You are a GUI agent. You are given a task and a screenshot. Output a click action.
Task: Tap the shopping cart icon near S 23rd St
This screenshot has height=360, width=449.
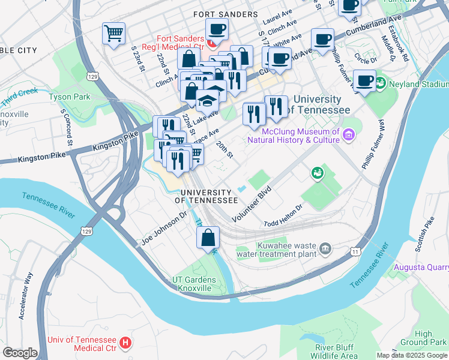pyautogui.click(x=113, y=34)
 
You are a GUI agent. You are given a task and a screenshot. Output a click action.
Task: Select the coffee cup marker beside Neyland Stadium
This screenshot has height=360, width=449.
pyautogui.click(x=364, y=81)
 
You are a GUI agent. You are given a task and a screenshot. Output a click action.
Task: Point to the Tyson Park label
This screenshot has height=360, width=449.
pyautogui.click(x=69, y=97)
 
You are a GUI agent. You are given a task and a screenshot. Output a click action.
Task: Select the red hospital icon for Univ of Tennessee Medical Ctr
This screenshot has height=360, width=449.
pyautogui.click(x=125, y=343)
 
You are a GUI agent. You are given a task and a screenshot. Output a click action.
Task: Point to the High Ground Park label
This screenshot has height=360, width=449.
pyautogui.click(x=424, y=338)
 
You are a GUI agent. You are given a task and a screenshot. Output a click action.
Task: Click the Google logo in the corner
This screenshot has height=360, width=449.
pyautogui.click(x=20, y=353)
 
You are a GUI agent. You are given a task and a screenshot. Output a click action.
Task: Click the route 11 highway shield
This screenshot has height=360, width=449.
pyautogui.click(x=357, y=251)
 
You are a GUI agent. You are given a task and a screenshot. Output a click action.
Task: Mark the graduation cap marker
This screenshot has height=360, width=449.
pyautogui.click(x=207, y=100)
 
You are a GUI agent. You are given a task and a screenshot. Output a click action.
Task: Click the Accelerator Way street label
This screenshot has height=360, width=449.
pyautogui.click(x=27, y=296)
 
